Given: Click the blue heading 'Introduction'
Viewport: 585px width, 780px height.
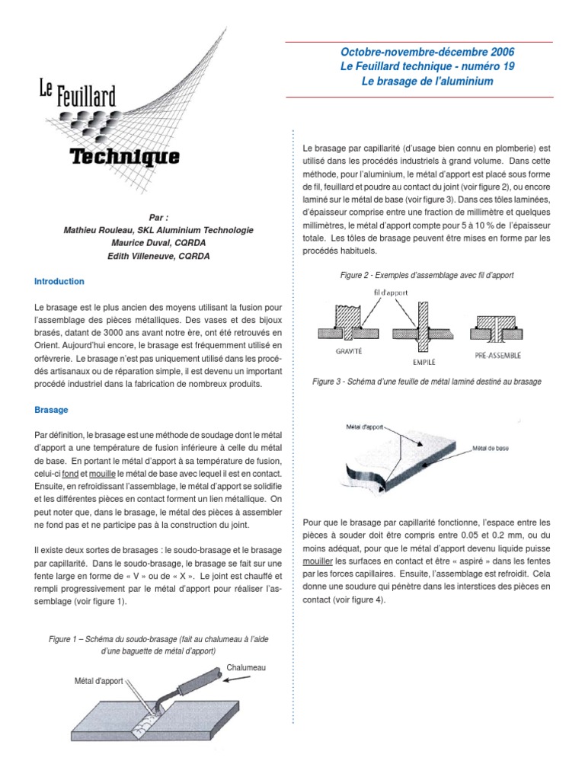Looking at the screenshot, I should [59, 281].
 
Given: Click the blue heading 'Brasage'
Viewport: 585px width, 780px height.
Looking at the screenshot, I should [52, 409].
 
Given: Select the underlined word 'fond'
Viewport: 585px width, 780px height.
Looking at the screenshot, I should [71, 473].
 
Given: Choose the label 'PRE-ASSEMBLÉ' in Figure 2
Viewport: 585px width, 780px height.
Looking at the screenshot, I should [497, 353].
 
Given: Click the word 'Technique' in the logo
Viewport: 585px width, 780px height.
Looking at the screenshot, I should [124, 158].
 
